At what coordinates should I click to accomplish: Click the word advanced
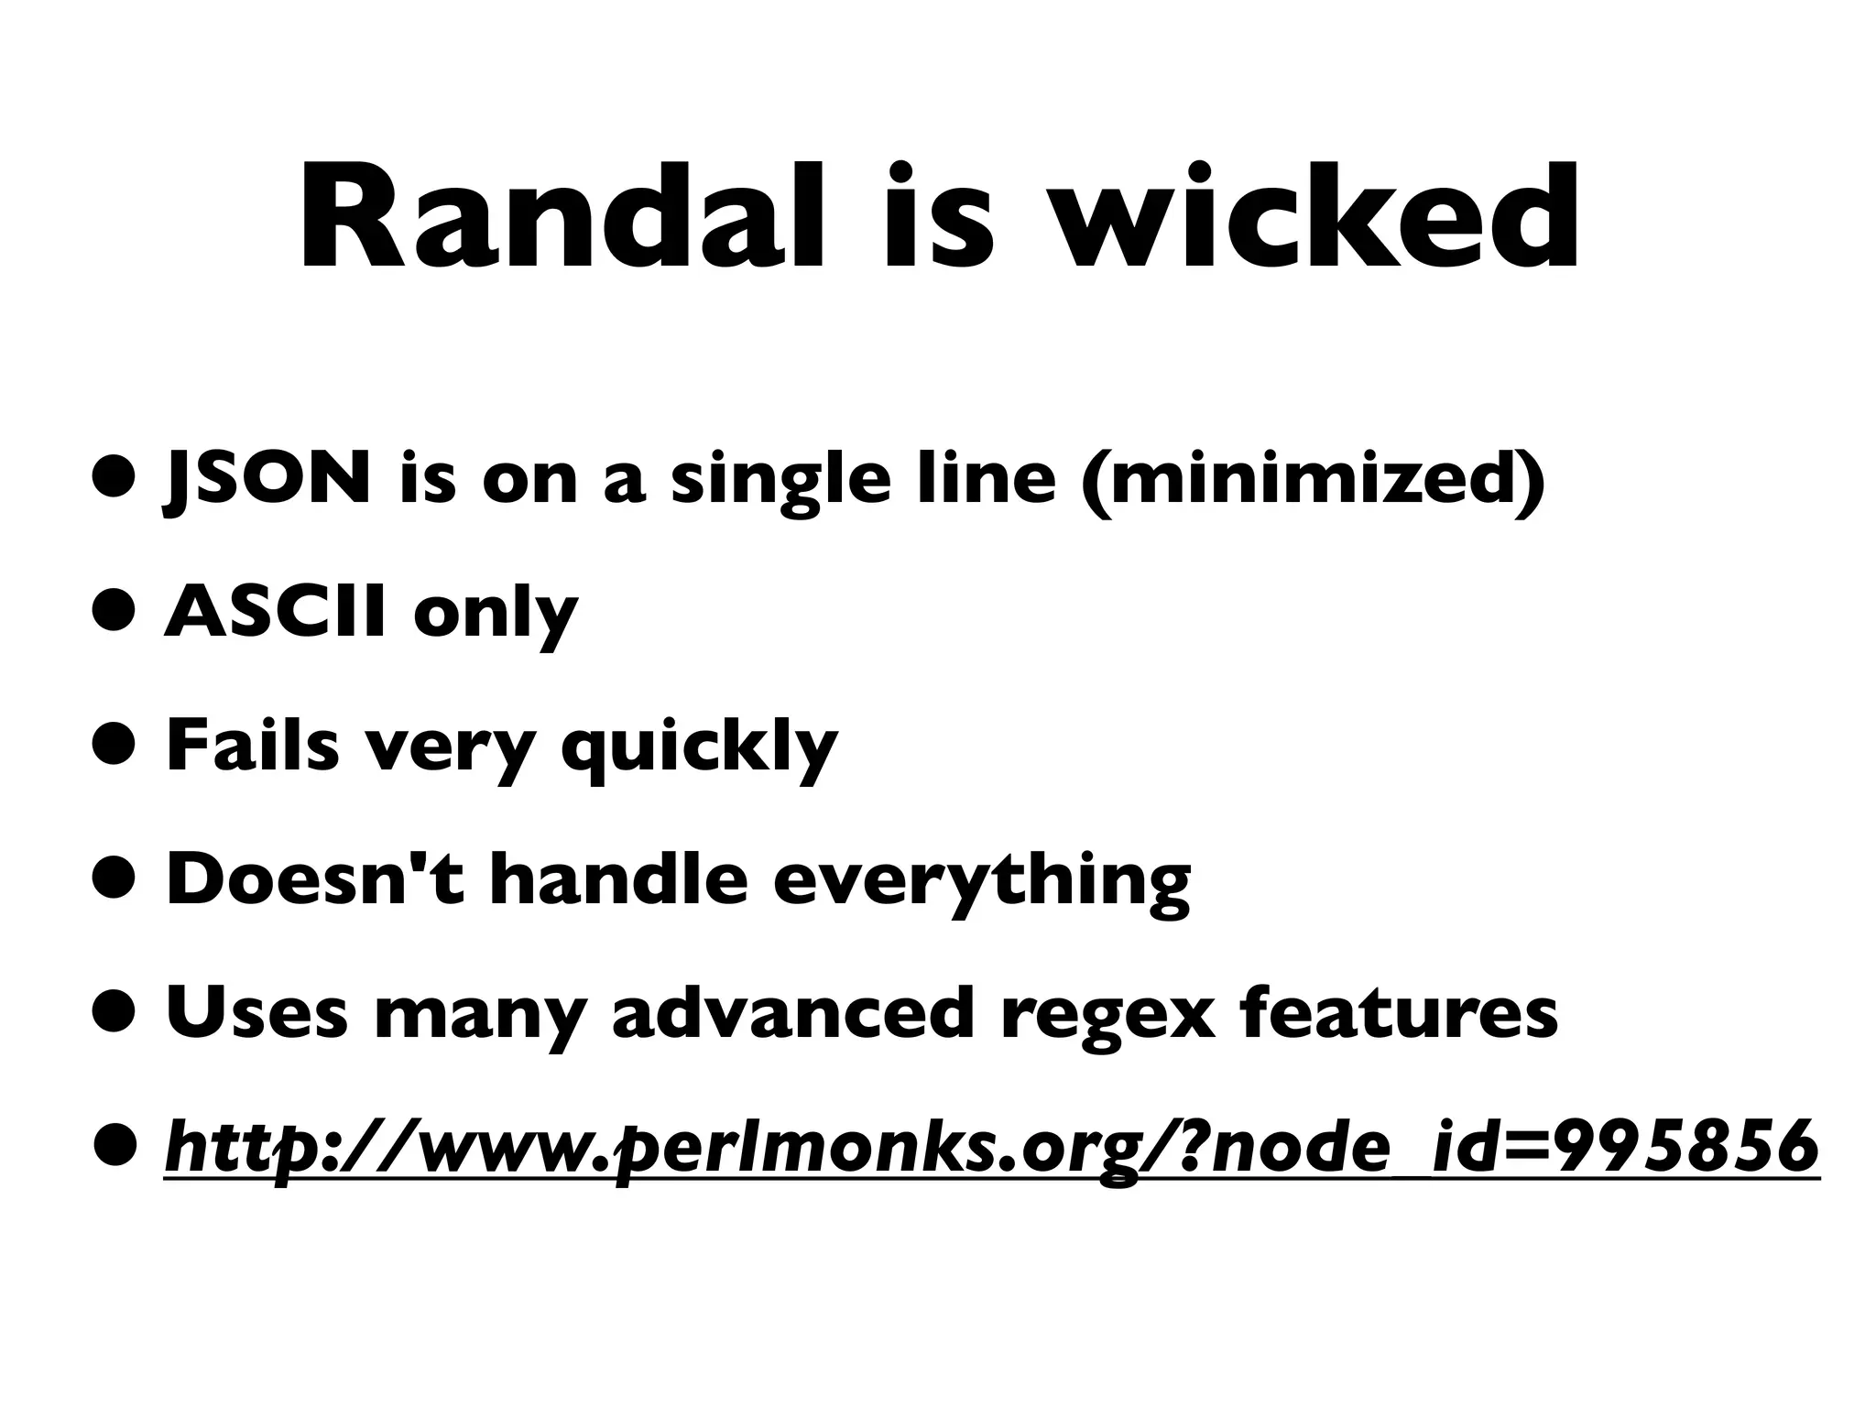(x=792, y=1013)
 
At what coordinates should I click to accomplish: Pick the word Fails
(x=252, y=746)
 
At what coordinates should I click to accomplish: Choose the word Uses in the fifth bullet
(x=256, y=1013)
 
